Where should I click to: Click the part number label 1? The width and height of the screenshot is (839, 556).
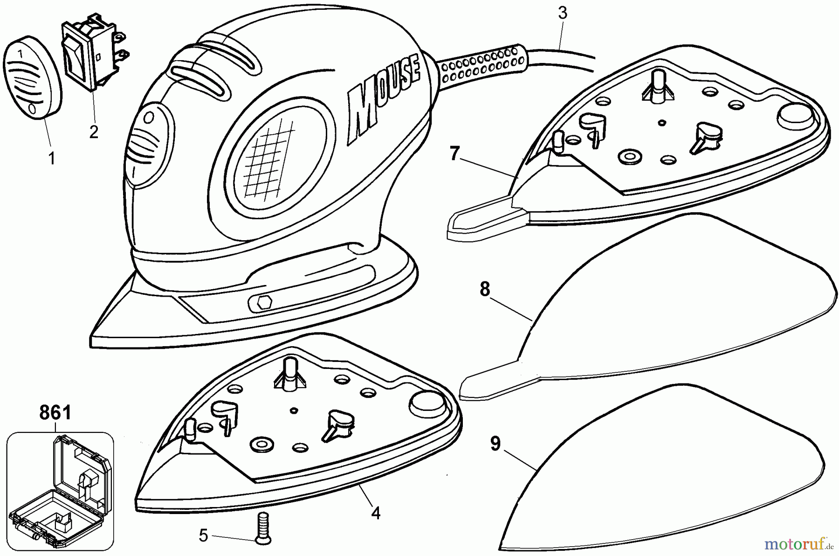click(52, 159)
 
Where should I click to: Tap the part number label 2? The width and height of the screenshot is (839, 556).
click(94, 132)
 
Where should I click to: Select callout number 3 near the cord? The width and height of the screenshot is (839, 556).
click(563, 13)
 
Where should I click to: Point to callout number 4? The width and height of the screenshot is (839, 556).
click(376, 513)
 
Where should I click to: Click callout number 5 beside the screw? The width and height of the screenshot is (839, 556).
click(203, 535)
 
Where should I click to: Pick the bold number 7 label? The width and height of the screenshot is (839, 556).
click(454, 153)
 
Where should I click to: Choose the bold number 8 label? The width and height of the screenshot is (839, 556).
click(485, 290)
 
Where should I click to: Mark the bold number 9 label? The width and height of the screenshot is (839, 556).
click(495, 444)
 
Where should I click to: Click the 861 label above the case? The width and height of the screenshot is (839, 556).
click(55, 413)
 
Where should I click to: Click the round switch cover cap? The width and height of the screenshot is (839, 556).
click(33, 79)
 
